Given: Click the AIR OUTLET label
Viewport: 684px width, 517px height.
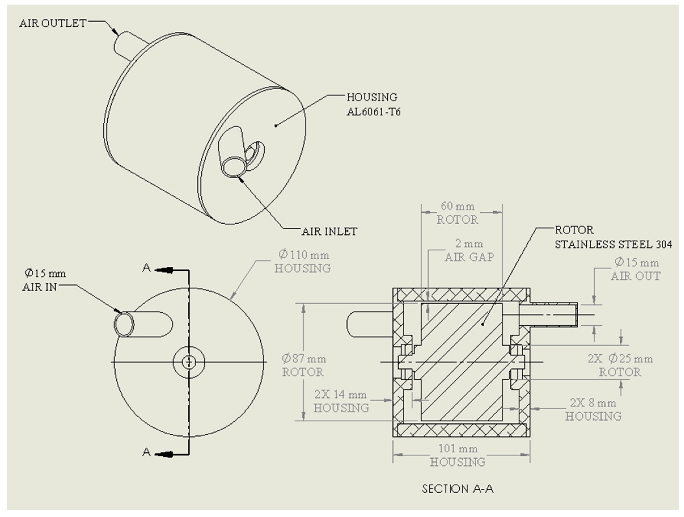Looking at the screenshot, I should pyautogui.click(x=53, y=23).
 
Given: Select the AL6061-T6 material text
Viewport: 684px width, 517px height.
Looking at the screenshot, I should pyautogui.click(x=373, y=112).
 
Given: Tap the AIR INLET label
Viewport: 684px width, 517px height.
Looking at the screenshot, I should pyautogui.click(x=329, y=231).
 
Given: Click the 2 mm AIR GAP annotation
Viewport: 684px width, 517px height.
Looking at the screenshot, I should pyautogui.click(x=469, y=250).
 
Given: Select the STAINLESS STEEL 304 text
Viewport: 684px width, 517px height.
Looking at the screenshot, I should pyautogui.click(x=613, y=244).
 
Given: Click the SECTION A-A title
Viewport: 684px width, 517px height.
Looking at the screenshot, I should pyautogui.click(x=458, y=489).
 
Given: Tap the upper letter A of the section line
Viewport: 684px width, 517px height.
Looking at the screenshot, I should pyautogui.click(x=146, y=268).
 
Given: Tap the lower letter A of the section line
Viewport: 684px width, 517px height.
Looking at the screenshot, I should pyautogui.click(x=146, y=452).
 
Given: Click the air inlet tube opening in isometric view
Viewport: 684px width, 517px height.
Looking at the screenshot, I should pyautogui.click(x=233, y=167).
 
